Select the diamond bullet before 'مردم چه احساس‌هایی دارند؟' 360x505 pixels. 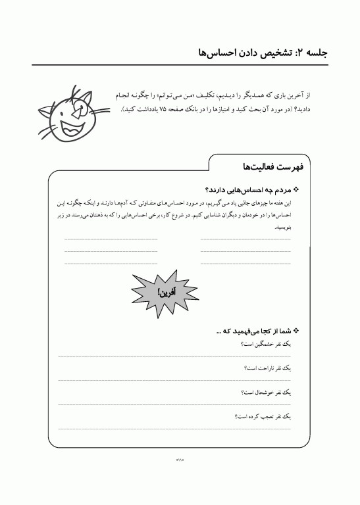[296, 189]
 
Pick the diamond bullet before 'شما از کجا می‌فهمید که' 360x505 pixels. [296, 331]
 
